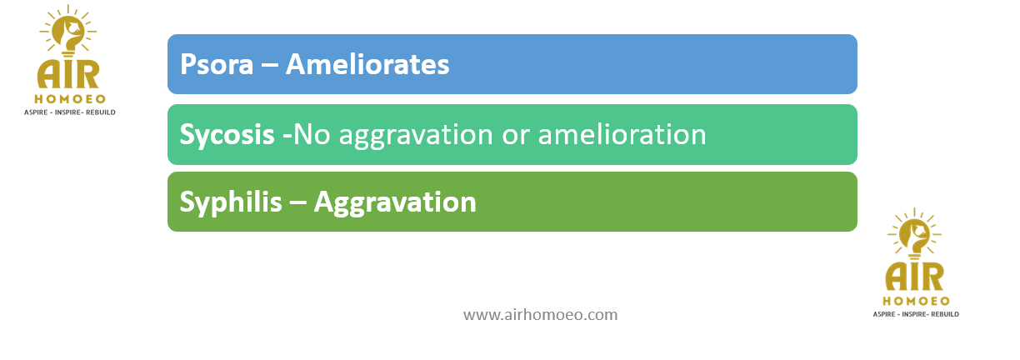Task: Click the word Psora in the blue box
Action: pyautogui.click(x=217, y=65)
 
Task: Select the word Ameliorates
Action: pyautogui.click(x=367, y=64)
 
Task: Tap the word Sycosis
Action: pyautogui.click(x=227, y=136)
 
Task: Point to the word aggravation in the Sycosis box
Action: pyautogui.click(x=416, y=136)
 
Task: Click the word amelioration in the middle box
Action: pyautogui.click(x=622, y=135)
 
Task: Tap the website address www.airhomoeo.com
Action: pyautogui.click(x=541, y=315)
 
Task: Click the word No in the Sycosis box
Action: pyautogui.click(x=312, y=135)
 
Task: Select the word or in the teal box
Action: pyautogui.click(x=515, y=137)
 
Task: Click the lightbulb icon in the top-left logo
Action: pyautogui.click(x=68, y=31)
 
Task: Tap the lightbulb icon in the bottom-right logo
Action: pyautogui.click(x=915, y=234)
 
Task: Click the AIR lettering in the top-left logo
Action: pyautogui.click(x=68, y=74)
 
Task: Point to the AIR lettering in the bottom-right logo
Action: pyautogui.click(x=915, y=277)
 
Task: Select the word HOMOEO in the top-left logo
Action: pyautogui.click(x=70, y=99)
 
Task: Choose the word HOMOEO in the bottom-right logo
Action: pyautogui.click(x=916, y=302)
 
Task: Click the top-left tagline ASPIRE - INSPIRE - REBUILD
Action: pyautogui.click(x=70, y=112)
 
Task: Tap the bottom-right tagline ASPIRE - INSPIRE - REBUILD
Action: pyautogui.click(x=916, y=314)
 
